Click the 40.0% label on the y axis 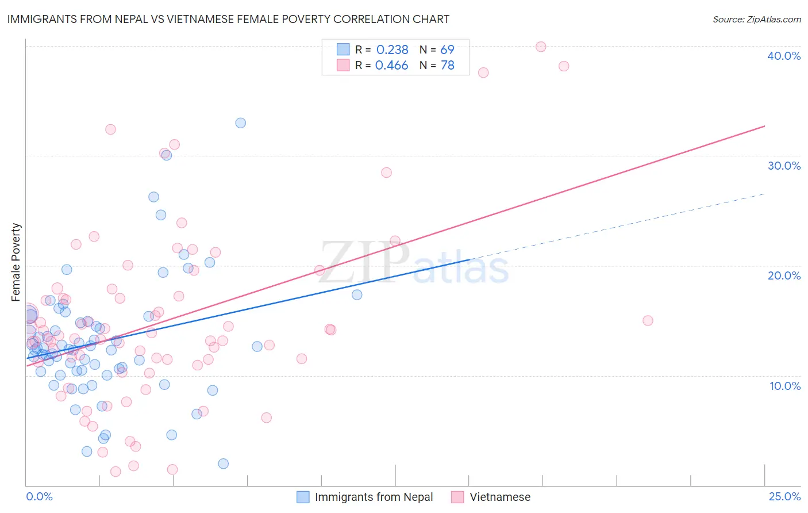point(783,56)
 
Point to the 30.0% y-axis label point(783,166)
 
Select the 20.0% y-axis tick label point(783,275)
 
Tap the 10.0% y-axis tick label point(784,386)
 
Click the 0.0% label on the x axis point(39,496)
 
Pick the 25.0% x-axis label point(784,496)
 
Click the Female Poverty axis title point(16,262)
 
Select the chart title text point(228,19)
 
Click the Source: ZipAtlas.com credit point(756,19)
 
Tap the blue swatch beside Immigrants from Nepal point(303,497)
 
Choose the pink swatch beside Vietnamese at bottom point(457,497)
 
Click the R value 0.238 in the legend point(392,49)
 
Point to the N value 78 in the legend point(447,66)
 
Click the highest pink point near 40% point(541,47)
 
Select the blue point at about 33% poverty point(241,123)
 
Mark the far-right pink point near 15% point(648,320)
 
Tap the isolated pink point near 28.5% point(386,173)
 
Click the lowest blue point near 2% point(224,464)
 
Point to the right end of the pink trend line point(765,125)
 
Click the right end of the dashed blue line point(765,194)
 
